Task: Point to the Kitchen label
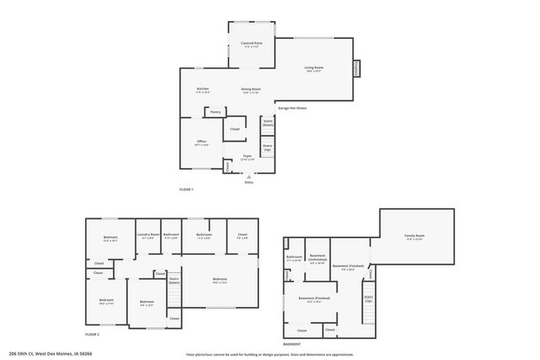click(x=202, y=89)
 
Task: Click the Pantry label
click(x=216, y=110)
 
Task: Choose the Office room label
click(x=202, y=141)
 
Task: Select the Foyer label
click(x=247, y=157)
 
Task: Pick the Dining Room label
click(x=251, y=89)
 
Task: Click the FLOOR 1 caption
click(x=186, y=190)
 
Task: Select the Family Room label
click(x=414, y=236)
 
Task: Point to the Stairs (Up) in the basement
click(x=368, y=298)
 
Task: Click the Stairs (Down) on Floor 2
click(x=175, y=279)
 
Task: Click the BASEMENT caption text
click(x=291, y=345)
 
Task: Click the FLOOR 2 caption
click(x=92, y=335)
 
